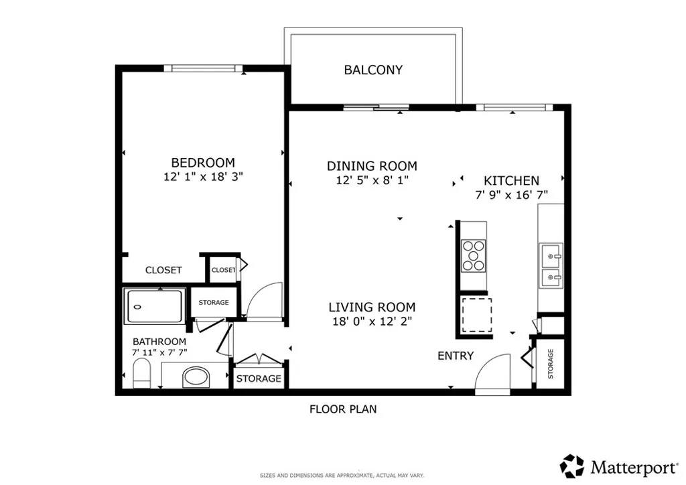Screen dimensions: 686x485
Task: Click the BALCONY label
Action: click(x=373, y=70)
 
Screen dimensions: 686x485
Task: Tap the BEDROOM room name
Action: click(x=203, y=163)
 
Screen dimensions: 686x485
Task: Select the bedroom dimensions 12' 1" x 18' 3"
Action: click(x=204, y=177)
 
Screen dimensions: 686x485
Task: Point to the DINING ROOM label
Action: click(x=372, y=166)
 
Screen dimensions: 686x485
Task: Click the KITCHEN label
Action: click(x=511, y=181)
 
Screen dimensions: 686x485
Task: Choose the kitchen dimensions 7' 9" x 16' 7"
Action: click(x=511, y=195)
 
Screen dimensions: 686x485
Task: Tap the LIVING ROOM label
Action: click(x=372, y=307)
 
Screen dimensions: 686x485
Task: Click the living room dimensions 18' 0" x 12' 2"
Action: click(x=372, y=322)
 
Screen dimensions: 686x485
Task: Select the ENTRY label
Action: click(x=456, y=356)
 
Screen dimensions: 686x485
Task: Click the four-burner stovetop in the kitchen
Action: click(x=474, y=255)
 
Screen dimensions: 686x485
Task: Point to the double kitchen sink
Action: click(x=551, y=265)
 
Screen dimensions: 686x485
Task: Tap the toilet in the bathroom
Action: click(x=142, y=374)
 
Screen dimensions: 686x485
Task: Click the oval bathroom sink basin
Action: click(x=196, y=377)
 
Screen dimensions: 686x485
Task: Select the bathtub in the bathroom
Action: click(x=154, y=306)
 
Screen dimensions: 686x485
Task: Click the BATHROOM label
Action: click(x=159, y=342)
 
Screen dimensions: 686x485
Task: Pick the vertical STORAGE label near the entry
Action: click(x=551, y=364)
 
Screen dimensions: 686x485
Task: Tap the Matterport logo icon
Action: click(x=572, y=466)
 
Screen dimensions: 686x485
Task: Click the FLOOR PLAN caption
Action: click(x=343, y=409)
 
